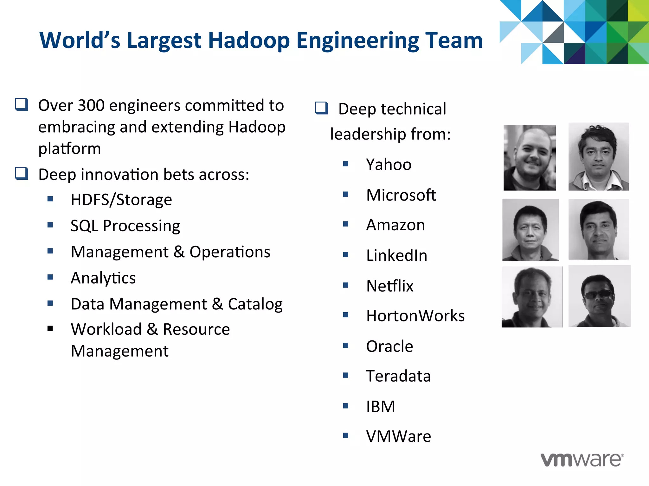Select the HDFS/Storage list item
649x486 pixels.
click(121, 200)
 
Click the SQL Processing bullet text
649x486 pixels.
click(125, 226)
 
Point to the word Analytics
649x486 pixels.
click(103, 278)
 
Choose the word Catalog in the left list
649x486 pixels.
click(255, 304)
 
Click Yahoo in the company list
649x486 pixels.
click(389, 165)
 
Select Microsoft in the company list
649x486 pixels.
click(401, 195)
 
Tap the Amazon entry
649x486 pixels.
click(395, 225)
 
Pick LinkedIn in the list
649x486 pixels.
click(397, 255)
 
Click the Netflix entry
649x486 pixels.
click(390, 286)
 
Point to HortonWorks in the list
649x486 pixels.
click(415, 316)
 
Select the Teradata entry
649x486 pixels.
click(398, 376)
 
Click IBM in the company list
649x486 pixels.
click(381, 407)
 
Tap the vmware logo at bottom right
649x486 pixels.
click(582, 459)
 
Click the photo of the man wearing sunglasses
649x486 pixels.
click(599, 296)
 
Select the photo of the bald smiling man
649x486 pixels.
click(530, 158)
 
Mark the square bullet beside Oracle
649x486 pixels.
click(345, 346)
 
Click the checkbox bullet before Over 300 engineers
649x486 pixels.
click(22, 104)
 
